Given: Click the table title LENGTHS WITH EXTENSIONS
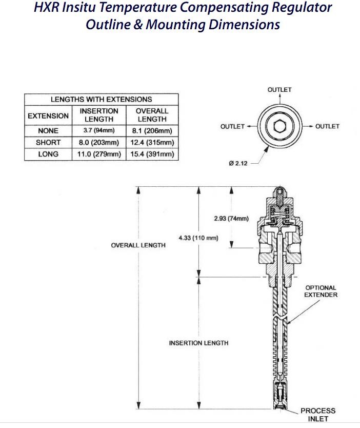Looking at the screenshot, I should tap(102, 99).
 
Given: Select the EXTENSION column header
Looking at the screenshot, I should tap(48, 115).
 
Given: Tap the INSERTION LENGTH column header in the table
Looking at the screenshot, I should tap(99, 115).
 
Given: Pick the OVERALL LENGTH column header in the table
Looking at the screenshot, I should tap(152, 115).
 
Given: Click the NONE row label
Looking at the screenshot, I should tap(48, 131).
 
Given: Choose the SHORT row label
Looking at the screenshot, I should tap(48, 143).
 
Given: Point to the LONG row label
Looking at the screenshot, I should tap(48, 154).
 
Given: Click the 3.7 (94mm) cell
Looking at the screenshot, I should tap(99, 131).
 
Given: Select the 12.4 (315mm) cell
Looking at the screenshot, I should tap(152, 143).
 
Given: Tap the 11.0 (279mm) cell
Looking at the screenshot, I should tap(99, 154).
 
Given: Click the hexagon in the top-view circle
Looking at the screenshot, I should tap(279, 126).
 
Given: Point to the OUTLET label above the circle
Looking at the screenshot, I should tap(279, 90).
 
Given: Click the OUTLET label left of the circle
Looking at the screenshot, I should tap(232, 126).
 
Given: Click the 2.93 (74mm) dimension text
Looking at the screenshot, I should tap(231, 219).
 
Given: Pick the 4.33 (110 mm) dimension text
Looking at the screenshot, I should tap(198, 238).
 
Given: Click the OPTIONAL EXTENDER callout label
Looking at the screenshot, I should tap(321, 291).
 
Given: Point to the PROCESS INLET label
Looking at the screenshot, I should tap(318, 415).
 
